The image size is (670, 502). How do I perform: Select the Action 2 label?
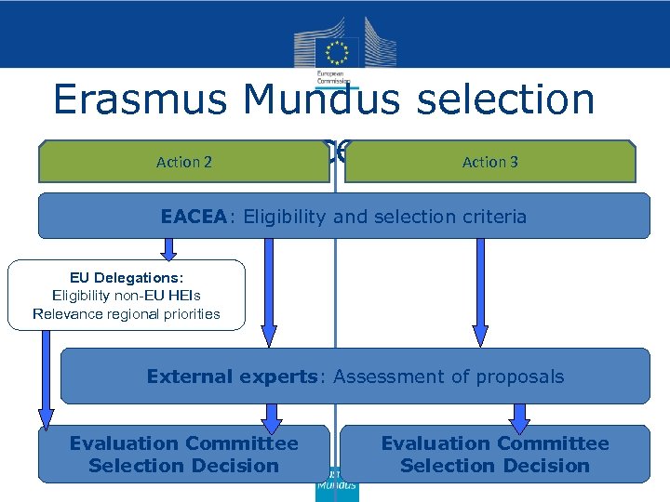[184, 162]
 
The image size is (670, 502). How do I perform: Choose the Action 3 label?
[490, 162]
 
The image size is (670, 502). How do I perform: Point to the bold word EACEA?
[193, 217]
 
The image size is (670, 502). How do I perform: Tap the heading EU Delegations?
[127, 277]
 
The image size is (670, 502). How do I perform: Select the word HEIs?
[181, 296]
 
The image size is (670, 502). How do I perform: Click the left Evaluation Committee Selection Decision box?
[184, 455]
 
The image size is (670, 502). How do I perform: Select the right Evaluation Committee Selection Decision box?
[495, 455]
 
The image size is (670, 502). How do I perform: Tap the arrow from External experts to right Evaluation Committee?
[519, 415]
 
